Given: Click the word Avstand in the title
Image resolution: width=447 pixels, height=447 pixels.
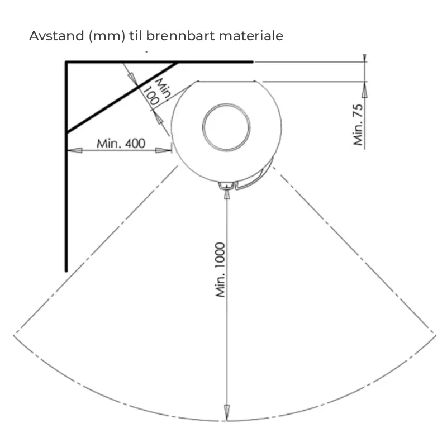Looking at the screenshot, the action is tap(56, 36).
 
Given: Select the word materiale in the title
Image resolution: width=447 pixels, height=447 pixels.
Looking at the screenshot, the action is tap(251, 36).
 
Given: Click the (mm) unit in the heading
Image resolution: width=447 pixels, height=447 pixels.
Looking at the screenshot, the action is tap(107, 36).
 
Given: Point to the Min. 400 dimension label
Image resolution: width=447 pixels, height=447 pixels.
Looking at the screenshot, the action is tap(121, 144).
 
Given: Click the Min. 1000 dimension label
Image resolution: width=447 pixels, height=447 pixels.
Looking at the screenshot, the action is tap(220, 270).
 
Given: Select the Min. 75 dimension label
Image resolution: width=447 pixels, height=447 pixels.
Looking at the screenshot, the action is tap(358, 125).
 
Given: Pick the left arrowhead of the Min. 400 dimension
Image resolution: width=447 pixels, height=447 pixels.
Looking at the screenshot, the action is tap(74, 150).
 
